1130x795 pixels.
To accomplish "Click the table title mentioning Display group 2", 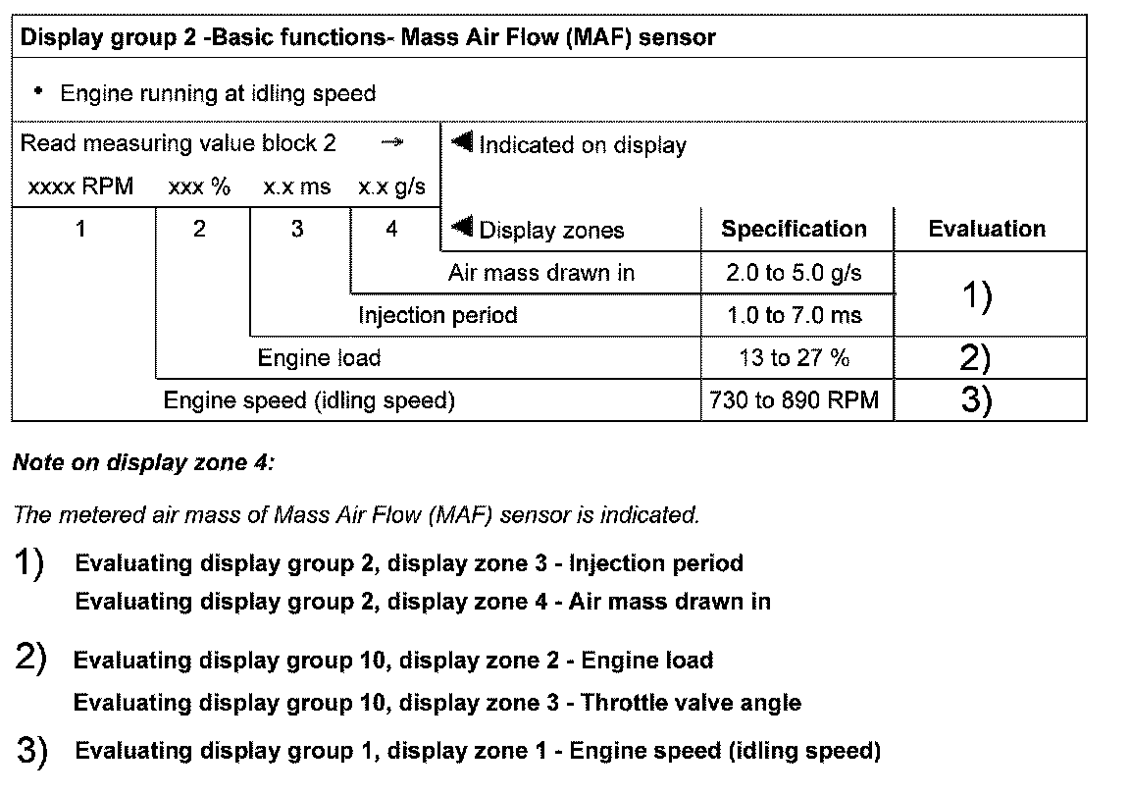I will point(368,38).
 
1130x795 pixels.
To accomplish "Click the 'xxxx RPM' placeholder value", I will point(80,186).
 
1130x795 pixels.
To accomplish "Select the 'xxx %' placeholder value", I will point(199,186).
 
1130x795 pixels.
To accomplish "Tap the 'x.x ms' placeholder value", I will point(296,186).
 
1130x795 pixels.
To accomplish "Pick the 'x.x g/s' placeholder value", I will point(391,186).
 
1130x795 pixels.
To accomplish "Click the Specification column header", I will point(794,230).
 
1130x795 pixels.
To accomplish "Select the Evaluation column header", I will point(987,230).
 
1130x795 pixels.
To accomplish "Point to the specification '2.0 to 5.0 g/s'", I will point(794,273).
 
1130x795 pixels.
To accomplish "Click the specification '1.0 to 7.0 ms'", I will point(794,315).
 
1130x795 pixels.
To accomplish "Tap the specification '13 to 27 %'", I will point(794,358).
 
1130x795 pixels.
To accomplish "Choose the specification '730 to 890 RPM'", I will point(794,400).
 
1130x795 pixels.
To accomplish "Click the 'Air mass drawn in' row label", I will point(540,273).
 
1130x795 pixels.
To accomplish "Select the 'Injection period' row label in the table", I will point(437,315).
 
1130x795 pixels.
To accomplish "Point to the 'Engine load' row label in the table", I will point(319,358).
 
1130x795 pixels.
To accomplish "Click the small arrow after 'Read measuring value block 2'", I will point(391,143).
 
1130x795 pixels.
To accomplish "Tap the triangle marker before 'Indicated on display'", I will point(462,143).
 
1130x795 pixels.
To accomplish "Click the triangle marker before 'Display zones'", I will point(462,229).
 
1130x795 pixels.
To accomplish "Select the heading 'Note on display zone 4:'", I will point(143,463).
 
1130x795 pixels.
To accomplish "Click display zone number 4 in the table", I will point(391,230).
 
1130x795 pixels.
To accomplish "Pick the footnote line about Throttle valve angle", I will point(437,703).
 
